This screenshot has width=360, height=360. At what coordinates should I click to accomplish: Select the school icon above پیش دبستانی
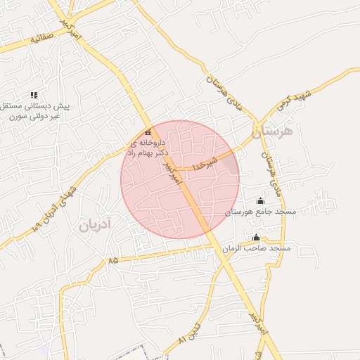pyautogui.click(x=33, y=95)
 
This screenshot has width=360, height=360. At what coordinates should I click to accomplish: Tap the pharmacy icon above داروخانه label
pyautogui.click(x=148, y=133)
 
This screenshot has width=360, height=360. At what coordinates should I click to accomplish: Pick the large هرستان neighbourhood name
pyautogui.click(x=275, y=131)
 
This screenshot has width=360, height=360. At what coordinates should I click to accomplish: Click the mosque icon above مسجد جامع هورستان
pyautogui.click(x=261, y=201)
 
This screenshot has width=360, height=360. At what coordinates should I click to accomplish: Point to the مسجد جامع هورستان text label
pyautogui.click(x=261, y=212)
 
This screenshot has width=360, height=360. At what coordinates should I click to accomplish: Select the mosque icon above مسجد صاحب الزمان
pyautogui.click(x=256, y=238)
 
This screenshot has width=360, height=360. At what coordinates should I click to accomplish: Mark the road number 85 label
pyautogui.click(x=113, y=261)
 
